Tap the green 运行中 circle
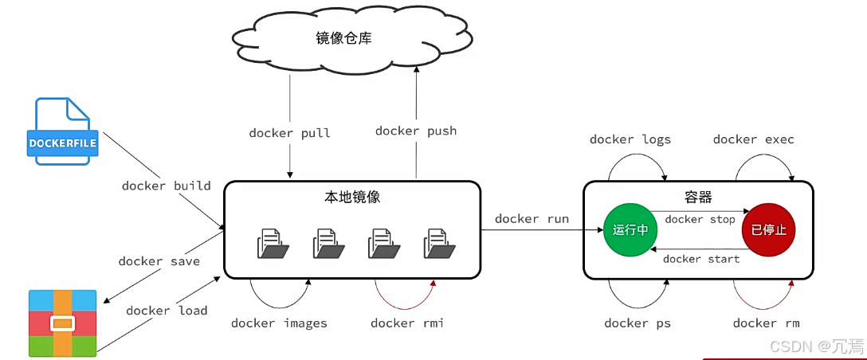(x=630, y=230)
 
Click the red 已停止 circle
(x=769, y=230)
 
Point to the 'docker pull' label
(x=288, y=133)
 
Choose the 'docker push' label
(x=416, y=131)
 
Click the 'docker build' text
(x=166, y=186)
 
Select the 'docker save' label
(x=159, y=261)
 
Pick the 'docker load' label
(x=167, y=311)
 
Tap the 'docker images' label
(x=279, y=323)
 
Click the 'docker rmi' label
(x=407, y=323)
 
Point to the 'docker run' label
(x=532, y=219)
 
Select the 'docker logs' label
(x=630, y=139)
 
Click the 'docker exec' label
(x=754, y=139)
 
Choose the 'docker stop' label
(x=700, y=219)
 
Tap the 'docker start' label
(x=701, y=259)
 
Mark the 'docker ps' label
(x=637, y=323)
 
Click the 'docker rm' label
(x=766, y=323)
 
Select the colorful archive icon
(x=62, y=323)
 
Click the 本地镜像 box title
(x=351, y=197)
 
